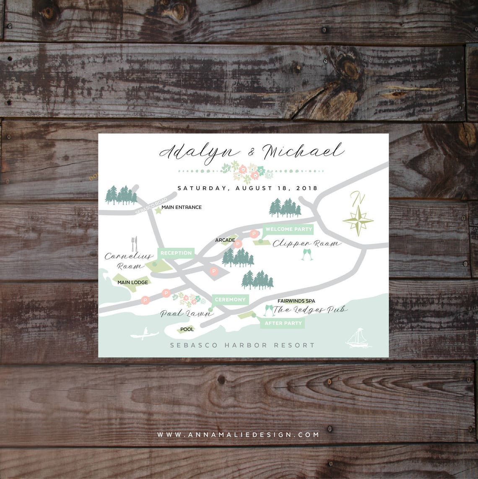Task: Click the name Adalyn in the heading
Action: click(199, 151)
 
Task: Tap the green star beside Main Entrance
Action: click(158, 210)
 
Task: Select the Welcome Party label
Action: click(288, 229)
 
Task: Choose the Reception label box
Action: click(176, 253)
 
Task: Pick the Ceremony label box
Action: click(230, 299)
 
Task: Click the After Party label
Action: click(283, 323)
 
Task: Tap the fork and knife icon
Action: click(134, 244)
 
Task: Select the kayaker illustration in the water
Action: click(144, 334)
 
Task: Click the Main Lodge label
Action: click(132, 282)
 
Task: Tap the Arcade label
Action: click(225, 240)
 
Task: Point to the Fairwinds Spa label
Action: click(296, 301)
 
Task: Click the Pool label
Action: click(187, 329)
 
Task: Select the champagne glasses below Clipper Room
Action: click(307, 255)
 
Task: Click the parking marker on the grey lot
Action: click(214, 271)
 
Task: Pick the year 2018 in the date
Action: click(307, 188)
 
